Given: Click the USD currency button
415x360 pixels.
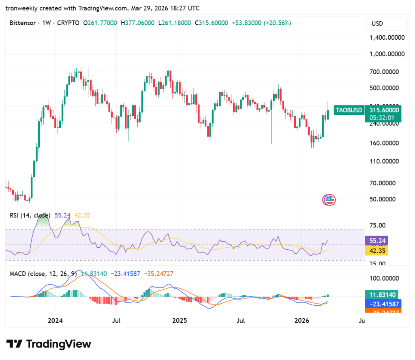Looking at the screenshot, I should click(x=378, y=24).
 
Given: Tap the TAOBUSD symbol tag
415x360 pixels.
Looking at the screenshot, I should click(x=347, y=110).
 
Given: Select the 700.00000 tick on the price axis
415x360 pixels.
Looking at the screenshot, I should click(x=387, y=72).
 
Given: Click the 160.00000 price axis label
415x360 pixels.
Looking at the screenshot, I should click(x=387, y=143).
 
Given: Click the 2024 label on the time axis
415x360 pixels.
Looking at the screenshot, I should click(x=55, y=321).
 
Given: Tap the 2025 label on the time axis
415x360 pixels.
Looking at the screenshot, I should click(x=179, y=321).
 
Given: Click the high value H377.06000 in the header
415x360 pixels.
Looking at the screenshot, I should click(x=137, y=23).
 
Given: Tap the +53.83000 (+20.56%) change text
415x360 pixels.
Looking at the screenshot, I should click(x=261, y=23).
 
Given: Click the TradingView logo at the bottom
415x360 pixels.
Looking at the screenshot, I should click(x=49, y=344).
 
